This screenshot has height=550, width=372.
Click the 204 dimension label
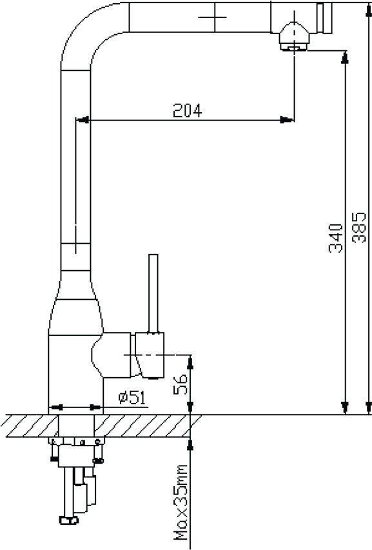188,111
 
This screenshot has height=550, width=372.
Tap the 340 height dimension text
335,238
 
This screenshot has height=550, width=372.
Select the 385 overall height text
359,228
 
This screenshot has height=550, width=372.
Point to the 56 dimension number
181,384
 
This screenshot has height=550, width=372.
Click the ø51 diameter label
132,397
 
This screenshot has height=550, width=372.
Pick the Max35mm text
181,502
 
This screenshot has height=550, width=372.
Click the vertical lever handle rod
153,293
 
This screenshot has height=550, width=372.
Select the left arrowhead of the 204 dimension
83,120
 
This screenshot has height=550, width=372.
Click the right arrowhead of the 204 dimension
286,120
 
